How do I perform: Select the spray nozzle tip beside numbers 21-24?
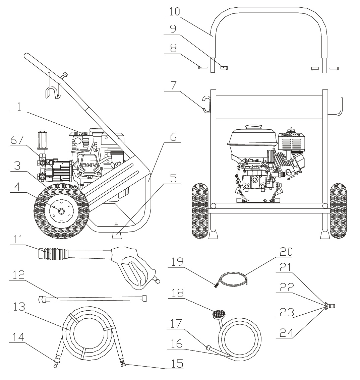tap(330, 306)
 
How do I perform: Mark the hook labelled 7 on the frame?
tap(206, 103)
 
